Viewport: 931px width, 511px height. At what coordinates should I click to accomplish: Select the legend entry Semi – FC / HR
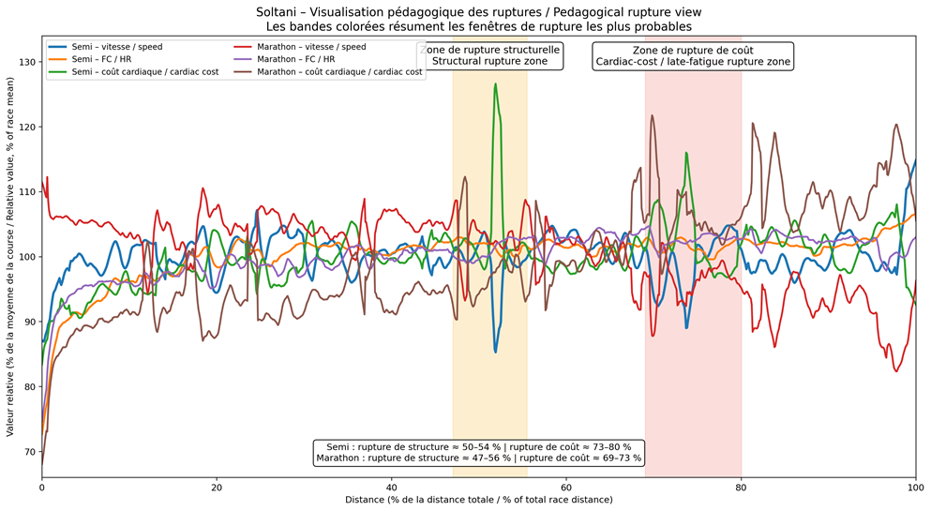[103, 59]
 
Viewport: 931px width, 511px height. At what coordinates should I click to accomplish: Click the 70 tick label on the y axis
[29, 452]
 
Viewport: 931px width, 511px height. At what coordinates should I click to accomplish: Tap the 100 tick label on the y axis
[26, 257]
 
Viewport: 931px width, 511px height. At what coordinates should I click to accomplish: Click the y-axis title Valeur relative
[10, 257]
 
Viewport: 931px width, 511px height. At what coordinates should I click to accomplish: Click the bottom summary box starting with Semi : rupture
[478, 452]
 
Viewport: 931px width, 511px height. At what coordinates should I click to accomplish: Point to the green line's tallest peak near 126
[495, 84]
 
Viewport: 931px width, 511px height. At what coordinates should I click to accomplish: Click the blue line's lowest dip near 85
[495, 352]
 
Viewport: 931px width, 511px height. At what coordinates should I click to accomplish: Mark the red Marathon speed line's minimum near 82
[896, 371]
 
